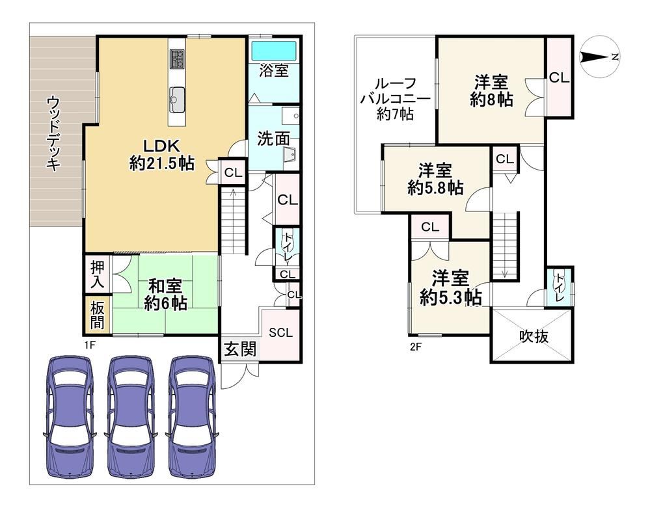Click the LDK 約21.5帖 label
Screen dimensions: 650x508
[x=162, y=155]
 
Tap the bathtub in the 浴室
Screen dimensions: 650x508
[x=274, y=51]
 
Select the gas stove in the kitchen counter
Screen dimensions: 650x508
[x=178, y=59]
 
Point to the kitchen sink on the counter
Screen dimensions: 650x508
[x=178, y=100]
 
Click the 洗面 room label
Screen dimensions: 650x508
[x=273, y=139]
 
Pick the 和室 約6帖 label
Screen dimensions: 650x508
[x=165, y=295]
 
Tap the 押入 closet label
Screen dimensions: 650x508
[x=98, y=275]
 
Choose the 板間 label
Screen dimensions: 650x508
[x=98, y=315]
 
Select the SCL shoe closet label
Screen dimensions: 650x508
[x=280, y=333]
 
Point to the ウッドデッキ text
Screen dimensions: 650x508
[x=53, y=133]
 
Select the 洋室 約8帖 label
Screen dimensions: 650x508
[x=491, y=91]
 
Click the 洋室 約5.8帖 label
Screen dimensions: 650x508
[x=435, y=180]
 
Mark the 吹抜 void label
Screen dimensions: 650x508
[x=534, y=337]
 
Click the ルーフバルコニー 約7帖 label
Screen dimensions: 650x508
[x=395, y=99]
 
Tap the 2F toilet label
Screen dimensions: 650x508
[x=560, y=287]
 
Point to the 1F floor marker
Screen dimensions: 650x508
[x=88, y=344]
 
